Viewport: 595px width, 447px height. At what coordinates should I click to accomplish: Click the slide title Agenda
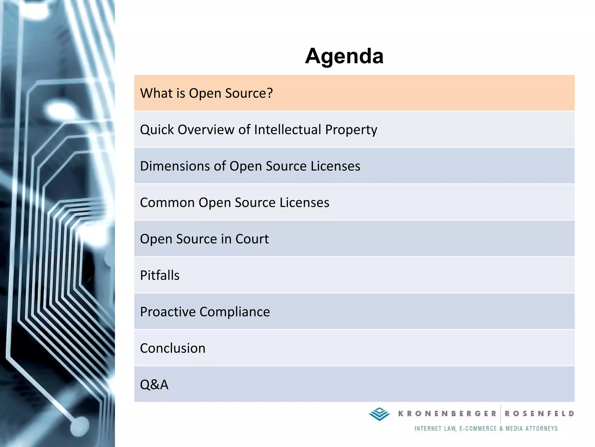pos(344,56)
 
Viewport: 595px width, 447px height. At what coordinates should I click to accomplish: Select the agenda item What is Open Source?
pos(206,93)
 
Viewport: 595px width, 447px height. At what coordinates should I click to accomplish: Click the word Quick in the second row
pos(157,130)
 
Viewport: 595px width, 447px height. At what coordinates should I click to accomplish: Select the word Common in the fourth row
pos(167,203)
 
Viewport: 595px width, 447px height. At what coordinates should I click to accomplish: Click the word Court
pos(252,239)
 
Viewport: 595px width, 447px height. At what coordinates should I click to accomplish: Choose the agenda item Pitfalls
pos(160,275)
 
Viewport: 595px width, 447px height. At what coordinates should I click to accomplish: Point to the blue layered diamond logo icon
pos(379,414)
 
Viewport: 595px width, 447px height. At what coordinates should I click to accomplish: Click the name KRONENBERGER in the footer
pos(447,414)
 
